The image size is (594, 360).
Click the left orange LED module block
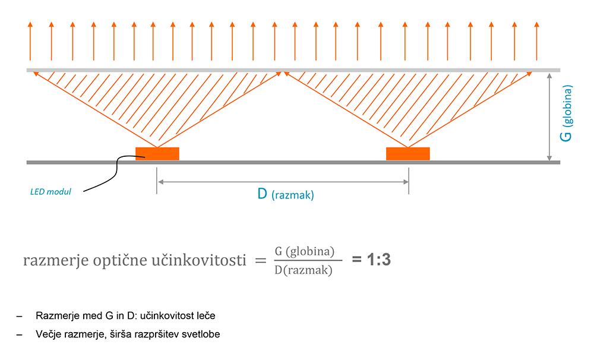click(157, 154)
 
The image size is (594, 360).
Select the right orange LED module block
click(407, 154)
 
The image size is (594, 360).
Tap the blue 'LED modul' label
click(50, 192)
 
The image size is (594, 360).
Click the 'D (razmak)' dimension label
click(285, 194)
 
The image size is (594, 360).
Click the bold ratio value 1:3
click(371, 260)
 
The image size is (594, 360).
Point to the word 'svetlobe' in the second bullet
click(201, 334)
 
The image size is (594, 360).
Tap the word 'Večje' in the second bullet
click(48, 334)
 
